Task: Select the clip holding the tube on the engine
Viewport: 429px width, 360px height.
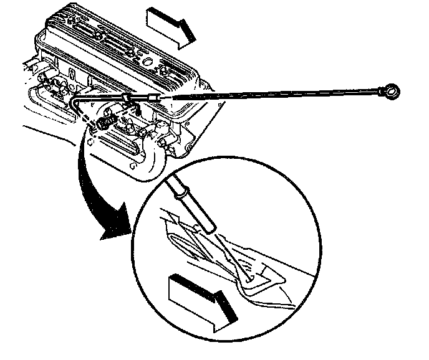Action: (x=127, y=99)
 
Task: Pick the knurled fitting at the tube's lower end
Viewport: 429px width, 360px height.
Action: (x=104, y=122)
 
